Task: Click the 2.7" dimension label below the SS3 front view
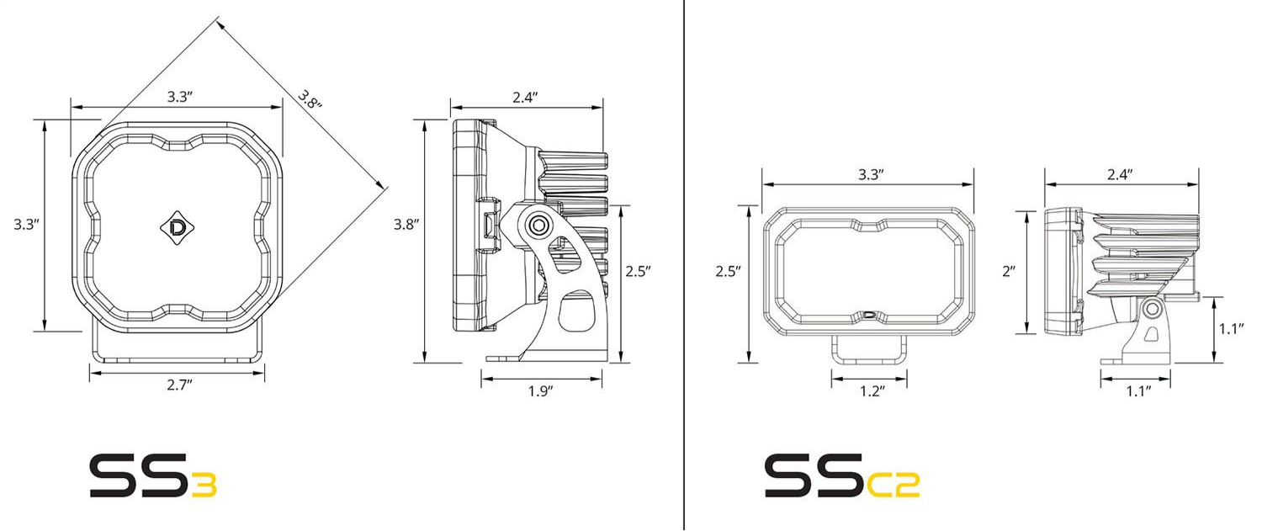point(180,385)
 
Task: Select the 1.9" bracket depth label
point(541,391)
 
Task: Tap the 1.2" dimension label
point(872,391)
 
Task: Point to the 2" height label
point(1009,271)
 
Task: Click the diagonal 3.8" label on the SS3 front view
point(310,100)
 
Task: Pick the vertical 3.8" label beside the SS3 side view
point(406,225)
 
